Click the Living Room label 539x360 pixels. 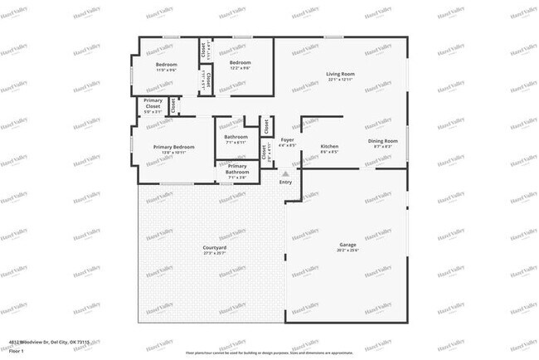341,74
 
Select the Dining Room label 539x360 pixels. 383,141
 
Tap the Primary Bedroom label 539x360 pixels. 174,147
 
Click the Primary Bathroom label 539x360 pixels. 237,169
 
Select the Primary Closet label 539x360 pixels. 153,104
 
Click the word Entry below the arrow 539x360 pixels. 285,182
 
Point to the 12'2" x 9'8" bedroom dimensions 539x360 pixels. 240,69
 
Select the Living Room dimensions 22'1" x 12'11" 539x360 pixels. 341,80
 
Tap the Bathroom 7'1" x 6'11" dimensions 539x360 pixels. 236,143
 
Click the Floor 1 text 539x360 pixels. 17,352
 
